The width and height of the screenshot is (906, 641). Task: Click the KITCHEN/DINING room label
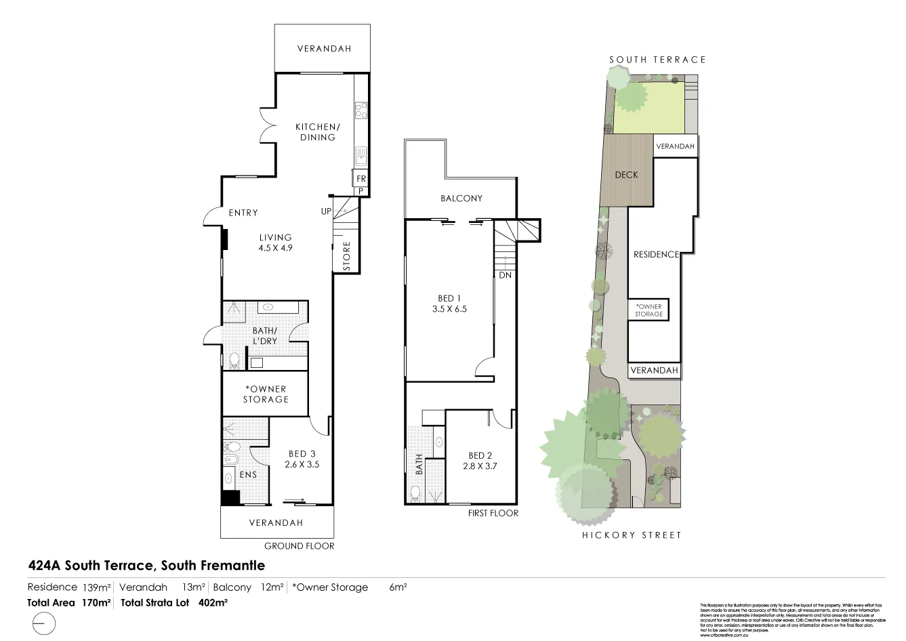(317, 131)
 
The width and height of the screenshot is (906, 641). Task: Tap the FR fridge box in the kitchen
(361, 179)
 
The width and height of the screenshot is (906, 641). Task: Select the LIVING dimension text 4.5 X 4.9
(275, 248)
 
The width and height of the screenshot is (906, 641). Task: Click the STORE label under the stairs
(346, 256)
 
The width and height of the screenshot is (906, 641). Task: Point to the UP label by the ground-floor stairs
(326, 211)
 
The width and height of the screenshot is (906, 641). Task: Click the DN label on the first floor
(505, 276)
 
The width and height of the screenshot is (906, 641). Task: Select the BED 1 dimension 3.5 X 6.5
(450, 309)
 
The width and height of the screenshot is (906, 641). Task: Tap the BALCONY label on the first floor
(461, 199)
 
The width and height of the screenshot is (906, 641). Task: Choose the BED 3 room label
(302, 454)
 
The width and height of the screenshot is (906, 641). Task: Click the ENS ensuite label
(248, 475)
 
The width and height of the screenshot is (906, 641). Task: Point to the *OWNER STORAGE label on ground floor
(266, 394)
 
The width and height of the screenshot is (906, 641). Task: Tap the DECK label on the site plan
(626, 175)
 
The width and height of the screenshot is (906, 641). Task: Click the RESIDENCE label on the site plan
(656, 255)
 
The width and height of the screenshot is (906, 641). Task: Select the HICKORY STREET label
(632, 535)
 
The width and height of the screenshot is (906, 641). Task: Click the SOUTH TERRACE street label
(657, 60)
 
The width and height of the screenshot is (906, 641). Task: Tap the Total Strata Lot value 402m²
(212, 602)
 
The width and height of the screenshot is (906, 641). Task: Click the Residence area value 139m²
(96, 587)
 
